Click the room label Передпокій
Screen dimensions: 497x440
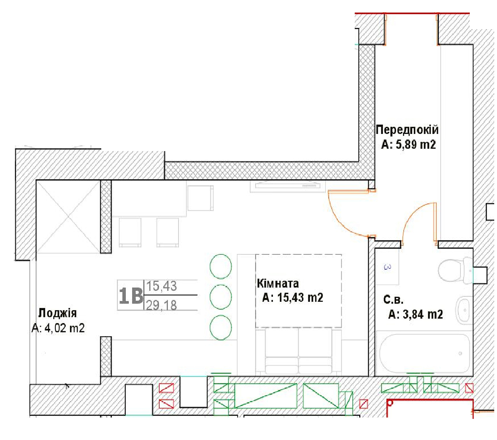coord(407,130)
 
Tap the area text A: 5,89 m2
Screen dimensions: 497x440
coord(408,144)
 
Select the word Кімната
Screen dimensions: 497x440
coord(278,283)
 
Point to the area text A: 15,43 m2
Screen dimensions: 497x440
coord(292,297)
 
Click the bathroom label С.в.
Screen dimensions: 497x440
coord(393,300)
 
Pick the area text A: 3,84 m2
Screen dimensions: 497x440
coord(415,314)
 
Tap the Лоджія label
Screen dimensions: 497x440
coord(57,313)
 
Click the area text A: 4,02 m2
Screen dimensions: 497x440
coord(58,328)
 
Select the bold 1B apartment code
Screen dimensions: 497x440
coord(131,296)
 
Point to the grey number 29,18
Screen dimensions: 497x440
coord(162,306)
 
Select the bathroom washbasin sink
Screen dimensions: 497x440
coord(464,310)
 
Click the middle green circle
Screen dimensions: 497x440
coord(221,297)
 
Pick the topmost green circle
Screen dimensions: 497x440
coord(221,266)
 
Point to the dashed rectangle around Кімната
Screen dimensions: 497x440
coord(298,254)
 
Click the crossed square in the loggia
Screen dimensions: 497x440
coord(68,217)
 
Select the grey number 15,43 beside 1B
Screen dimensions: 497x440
coord(162,286)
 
